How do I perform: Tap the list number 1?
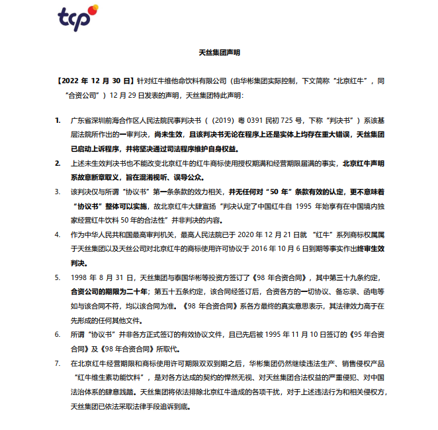pos(58,121)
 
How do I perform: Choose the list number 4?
pos(58,234)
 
